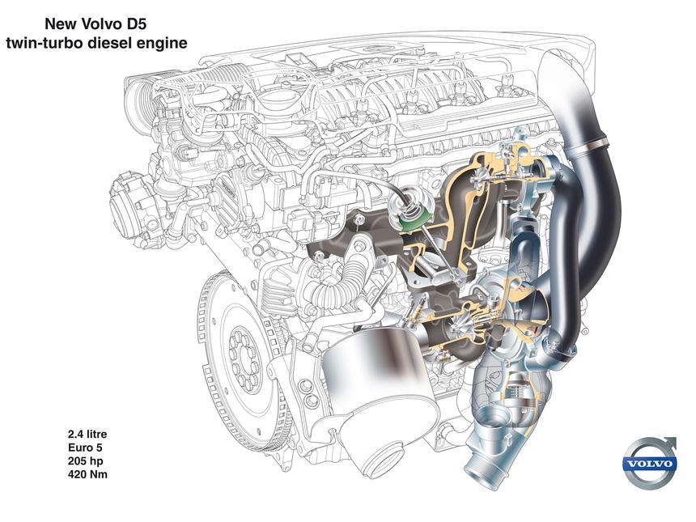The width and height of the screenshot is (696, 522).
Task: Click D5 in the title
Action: coord(135,24)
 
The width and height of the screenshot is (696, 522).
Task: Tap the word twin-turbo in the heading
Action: coord(45,43)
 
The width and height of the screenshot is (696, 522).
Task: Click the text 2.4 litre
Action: coord(87,434)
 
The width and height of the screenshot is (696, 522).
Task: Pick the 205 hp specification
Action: coord(85,460)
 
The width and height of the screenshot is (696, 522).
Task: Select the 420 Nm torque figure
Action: coord(87,474)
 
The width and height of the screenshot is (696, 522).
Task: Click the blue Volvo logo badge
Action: coord(650,465)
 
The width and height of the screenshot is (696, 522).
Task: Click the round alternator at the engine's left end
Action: coord(131,202)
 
